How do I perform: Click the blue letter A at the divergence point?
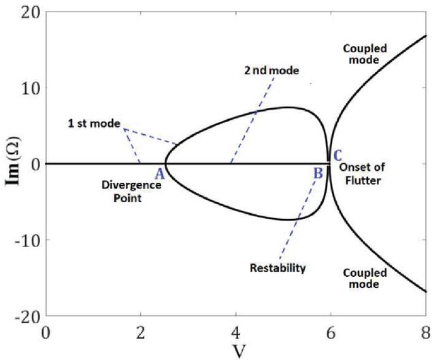159,173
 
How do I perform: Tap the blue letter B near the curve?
318,173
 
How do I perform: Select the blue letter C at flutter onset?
337,156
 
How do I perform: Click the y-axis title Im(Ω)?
13,164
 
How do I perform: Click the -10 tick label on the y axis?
27,240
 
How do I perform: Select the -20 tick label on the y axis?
27,316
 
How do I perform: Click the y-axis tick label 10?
30,88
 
